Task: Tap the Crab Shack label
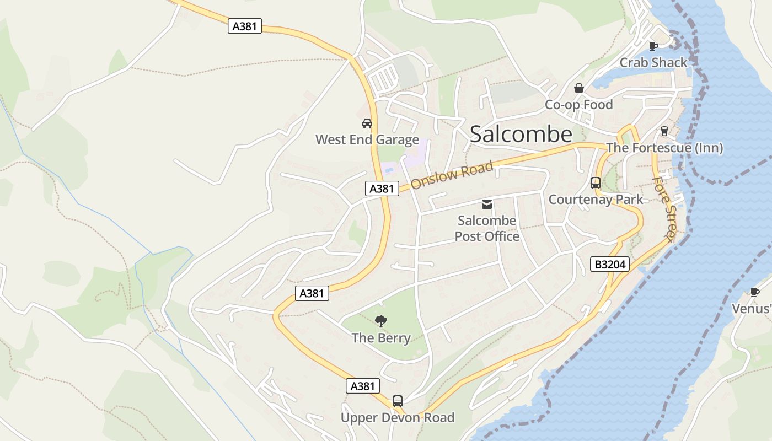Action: (653, 63)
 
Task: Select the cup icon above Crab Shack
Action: (653, 46)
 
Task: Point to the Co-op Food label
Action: (579, 105)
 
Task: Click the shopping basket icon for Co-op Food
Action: (579, 88)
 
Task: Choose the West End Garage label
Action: (367, 140)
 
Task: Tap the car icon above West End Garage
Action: (367, 123)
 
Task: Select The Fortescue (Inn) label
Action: (664, 148)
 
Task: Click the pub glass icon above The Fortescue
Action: (664, 131)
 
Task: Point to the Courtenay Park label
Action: (596, 200)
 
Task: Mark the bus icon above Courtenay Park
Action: (596, 183)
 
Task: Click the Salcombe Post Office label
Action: (487, 229)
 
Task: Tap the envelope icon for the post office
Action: (487, 205)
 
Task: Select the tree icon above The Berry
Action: (380, 321)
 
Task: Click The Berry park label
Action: (381, 338)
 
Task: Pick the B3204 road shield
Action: (610, 265)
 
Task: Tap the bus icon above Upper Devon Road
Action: (398, 401)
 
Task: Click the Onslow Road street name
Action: (452, 175)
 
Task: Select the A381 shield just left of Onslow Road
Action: (382, 189)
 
